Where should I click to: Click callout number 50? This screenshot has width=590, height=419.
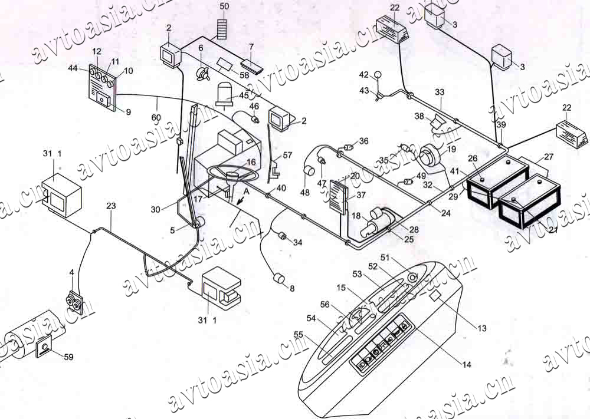pos(224,6)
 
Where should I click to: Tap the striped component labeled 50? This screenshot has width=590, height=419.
pos(222,28)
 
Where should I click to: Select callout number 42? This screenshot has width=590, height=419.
pos(364,75)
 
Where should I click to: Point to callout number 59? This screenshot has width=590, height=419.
pos(69,357)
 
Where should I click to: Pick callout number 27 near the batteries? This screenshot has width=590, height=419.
pos(549,157)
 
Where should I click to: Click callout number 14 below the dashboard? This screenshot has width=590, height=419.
pos(467,365)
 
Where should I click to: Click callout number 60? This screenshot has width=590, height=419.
pos(156,117)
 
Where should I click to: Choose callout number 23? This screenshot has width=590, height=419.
pos(111,206)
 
